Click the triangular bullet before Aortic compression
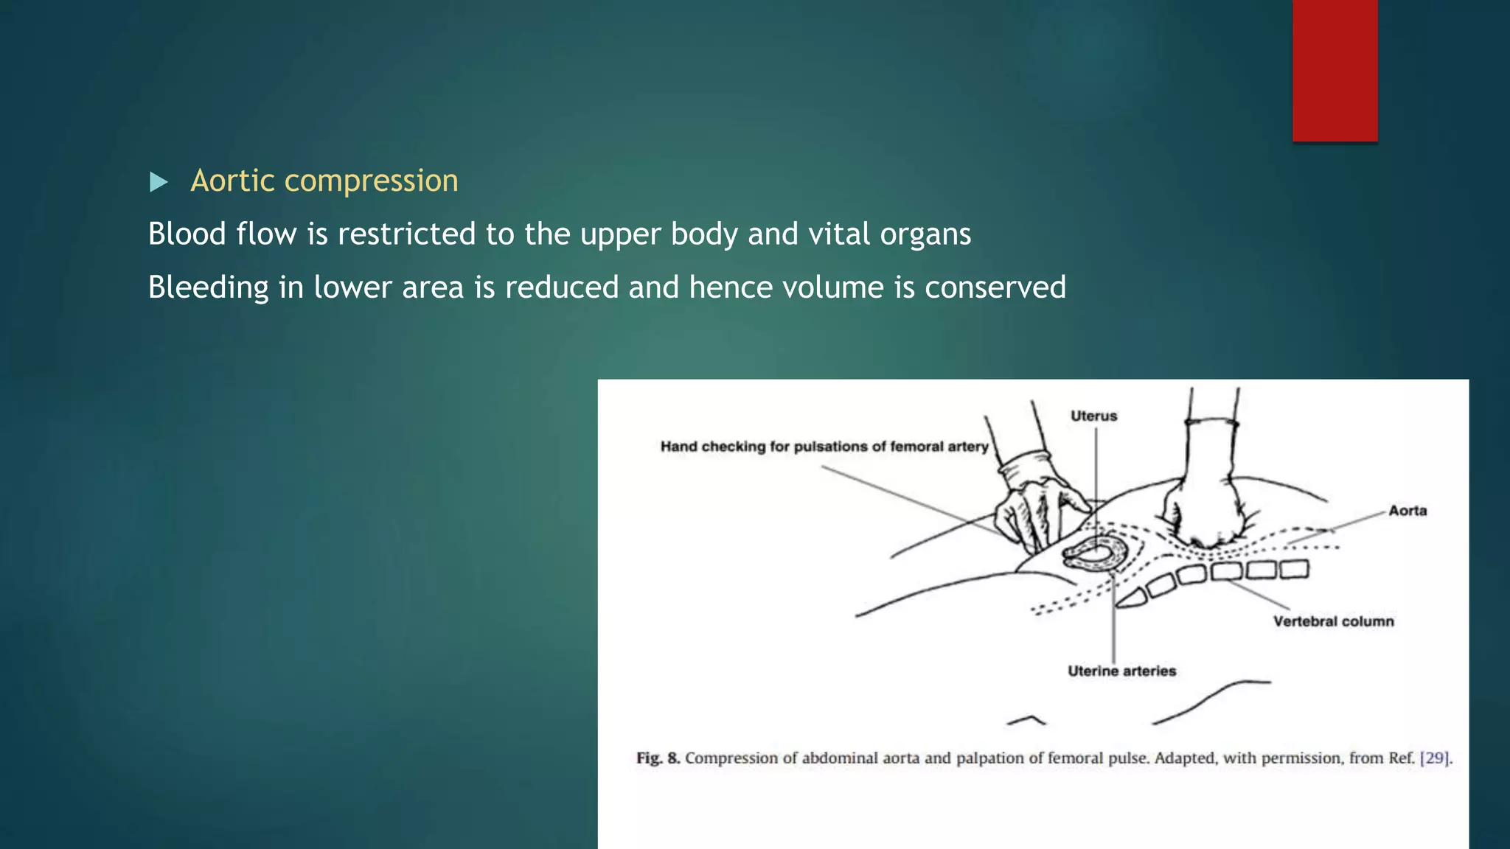(159, 181)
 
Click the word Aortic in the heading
(232, 181)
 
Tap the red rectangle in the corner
(1335, 70)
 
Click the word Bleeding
(208, 287)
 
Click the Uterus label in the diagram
(1093, 416)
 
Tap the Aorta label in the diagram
(1407, 511)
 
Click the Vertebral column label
(1333, 621)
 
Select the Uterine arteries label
(1121, 671)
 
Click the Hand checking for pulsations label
(824, 447)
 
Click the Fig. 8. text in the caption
(658, 758)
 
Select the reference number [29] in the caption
(1434, 758)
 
